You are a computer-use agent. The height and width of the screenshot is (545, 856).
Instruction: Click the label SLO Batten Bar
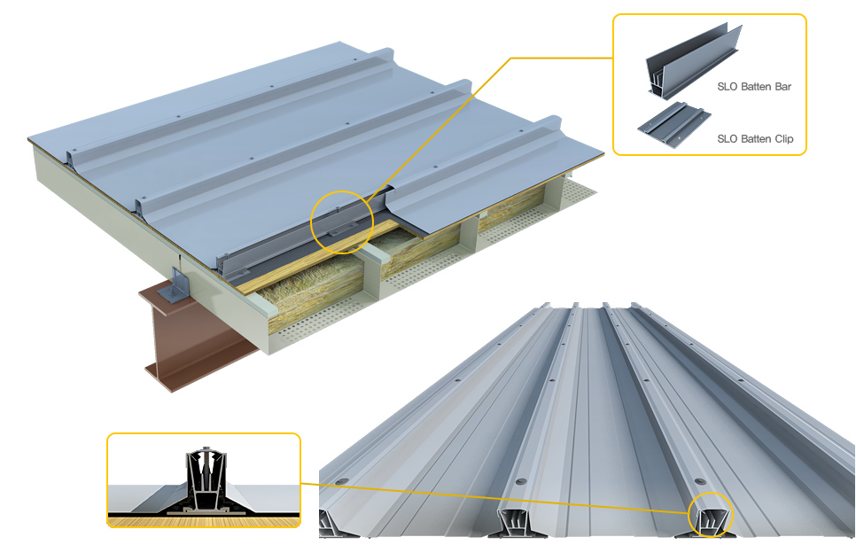click(x=753, y=87)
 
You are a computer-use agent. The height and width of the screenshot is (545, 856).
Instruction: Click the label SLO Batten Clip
click(x=755, y=139)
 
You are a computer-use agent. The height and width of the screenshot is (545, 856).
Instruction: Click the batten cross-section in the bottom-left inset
click(x=204, y=483)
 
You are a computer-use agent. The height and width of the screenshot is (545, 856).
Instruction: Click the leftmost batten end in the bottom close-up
click(x=342, y=523)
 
